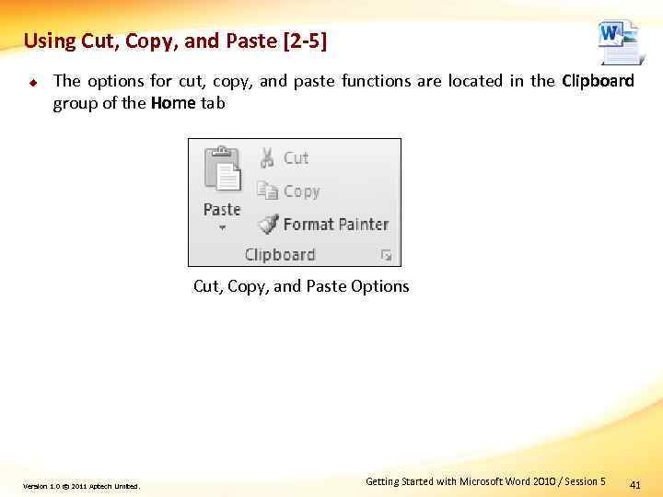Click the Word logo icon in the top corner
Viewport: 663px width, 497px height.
click(x=618, y=41)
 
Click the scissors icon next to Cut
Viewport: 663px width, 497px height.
click(x=267, y=157)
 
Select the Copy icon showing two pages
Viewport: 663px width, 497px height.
click(x=267, y=191)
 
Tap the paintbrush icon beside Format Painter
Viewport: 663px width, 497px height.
click(x=268, y=224)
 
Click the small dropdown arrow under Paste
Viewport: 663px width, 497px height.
click(x=222, y=227)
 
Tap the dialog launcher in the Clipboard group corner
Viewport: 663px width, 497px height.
click(x=387, y=255)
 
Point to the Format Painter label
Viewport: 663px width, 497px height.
click(x=335, y=224)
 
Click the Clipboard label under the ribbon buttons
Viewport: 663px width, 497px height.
click(x=280, y=255)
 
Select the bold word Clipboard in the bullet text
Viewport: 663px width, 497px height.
click(x=598, y=81)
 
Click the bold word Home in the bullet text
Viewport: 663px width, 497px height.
click(x=173, y=103)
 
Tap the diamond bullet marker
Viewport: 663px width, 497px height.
click(x=30, y=81)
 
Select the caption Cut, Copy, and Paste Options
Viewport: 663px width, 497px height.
click(x=301, y=286)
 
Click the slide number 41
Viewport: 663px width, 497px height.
click(x=634, y=483)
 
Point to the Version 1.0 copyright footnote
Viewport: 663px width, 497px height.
click(x=82, y=486)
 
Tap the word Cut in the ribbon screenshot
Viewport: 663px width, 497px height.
click(x=296, y=157)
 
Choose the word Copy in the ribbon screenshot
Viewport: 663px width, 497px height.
click(x=301, y=191)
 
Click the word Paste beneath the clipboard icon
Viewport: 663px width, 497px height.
click(x=222, y=209)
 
